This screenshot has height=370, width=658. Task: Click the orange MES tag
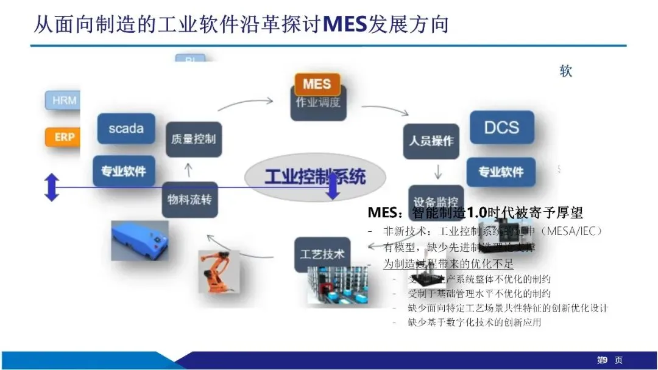tap(317, 84)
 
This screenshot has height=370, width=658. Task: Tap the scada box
tap(126, 128)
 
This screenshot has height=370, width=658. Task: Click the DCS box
tap(501, 127)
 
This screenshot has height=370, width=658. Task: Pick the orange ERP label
tap(64, 137)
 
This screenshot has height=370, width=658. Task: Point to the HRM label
tap(64, 100)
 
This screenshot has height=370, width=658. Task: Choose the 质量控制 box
tap(193, 139)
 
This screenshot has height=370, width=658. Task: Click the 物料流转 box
tap(189, 199)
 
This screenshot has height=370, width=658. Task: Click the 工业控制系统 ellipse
tap(315, 177)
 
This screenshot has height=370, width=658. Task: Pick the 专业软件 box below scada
tap(124, 171)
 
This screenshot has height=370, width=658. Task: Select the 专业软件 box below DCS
tap(501, 172)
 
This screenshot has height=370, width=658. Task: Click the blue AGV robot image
tap(140, 239)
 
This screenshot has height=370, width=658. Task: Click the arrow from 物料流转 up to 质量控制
tap(188, 169)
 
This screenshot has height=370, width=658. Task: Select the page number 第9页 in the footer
tap(609, 360)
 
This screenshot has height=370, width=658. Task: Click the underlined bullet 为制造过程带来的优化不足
tap(448, 264)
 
